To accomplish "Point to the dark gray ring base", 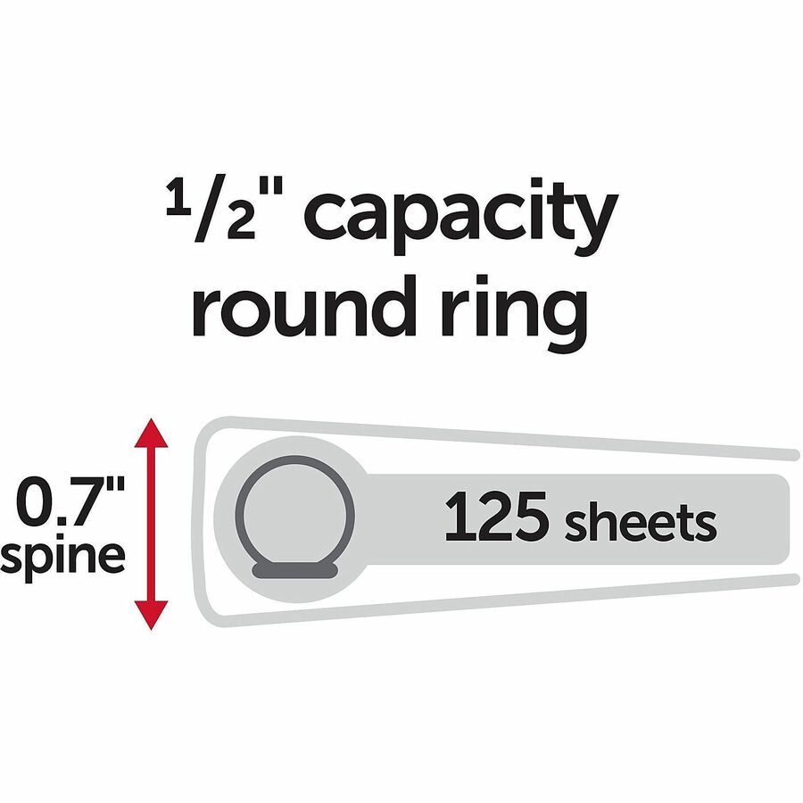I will pos(295,570).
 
